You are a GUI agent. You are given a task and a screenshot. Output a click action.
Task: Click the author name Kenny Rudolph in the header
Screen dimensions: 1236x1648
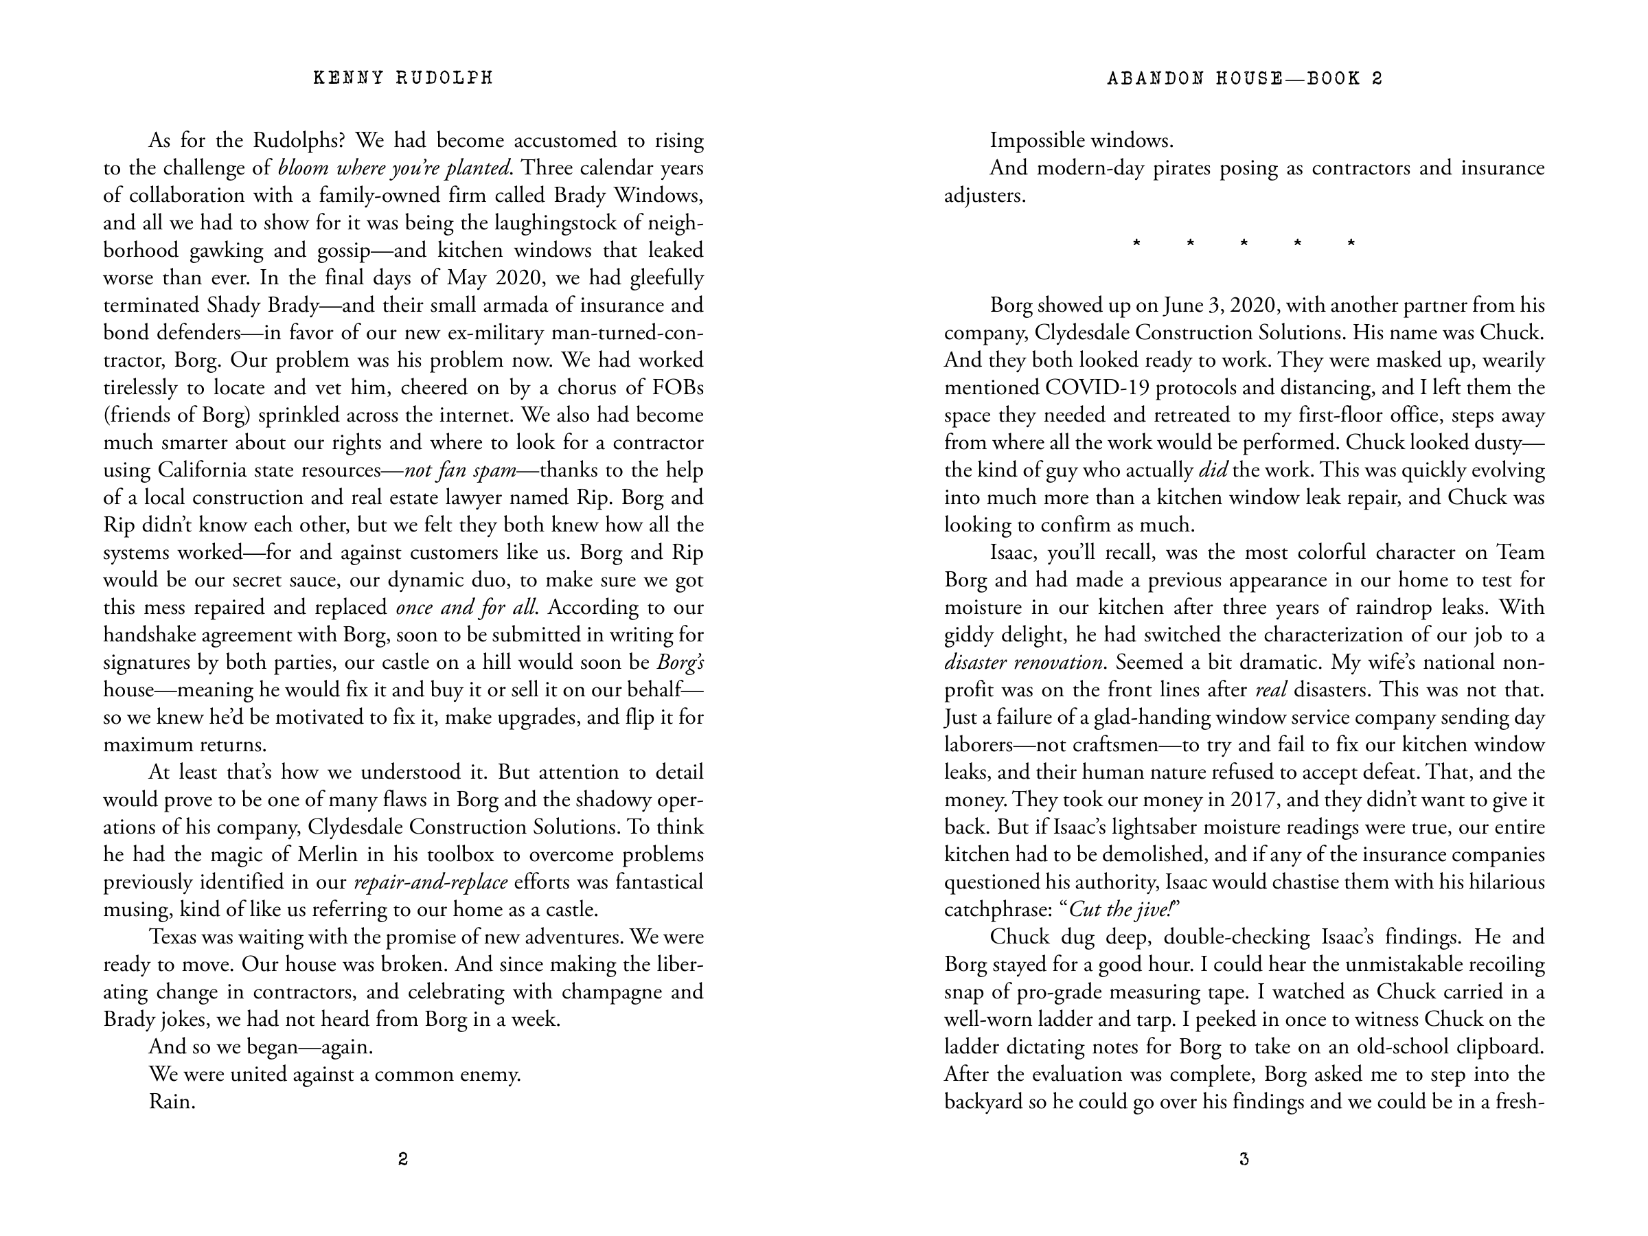(x=403, y=78)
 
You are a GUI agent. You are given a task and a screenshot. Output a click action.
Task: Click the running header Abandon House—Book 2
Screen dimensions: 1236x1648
(x=1244, y=78)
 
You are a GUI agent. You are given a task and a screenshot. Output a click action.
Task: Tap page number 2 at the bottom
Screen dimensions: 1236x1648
(x=403, y=1159)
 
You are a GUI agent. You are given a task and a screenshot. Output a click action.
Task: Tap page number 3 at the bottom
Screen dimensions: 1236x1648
(x=1244, y=1159)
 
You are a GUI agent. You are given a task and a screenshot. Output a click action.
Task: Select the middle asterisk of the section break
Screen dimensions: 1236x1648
(x=1244, y=244)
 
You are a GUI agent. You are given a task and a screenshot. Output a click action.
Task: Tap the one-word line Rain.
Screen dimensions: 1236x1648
(x=172, y=1101)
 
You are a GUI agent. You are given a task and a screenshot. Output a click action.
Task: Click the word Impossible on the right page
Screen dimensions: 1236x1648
(x=1035, y=140)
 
